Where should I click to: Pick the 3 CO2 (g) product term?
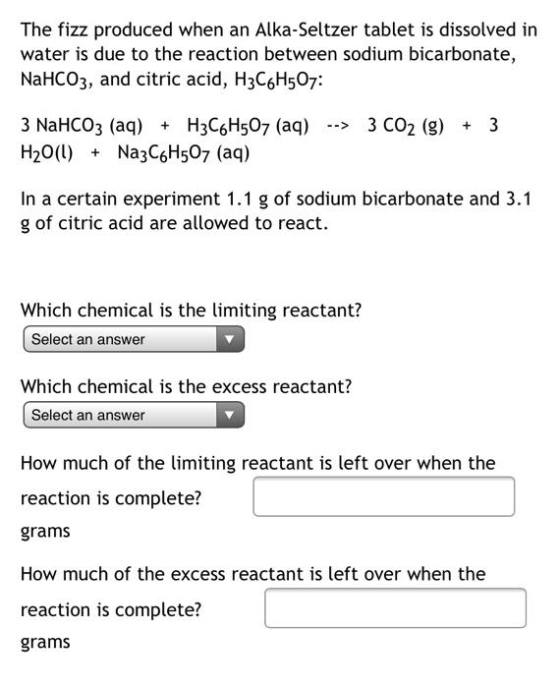coord(405,127)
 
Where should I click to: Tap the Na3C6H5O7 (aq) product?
coord(183,153)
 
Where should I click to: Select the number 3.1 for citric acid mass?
coord(517,199)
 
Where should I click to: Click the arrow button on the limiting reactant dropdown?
coord(229,340)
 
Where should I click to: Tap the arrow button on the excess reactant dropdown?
coord(229,416)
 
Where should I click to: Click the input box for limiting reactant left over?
coord(383,496)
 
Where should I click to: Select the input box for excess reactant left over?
coord(394,607)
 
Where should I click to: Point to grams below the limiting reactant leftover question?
coord(45,532)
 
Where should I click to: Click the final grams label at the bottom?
coord(45,643)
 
